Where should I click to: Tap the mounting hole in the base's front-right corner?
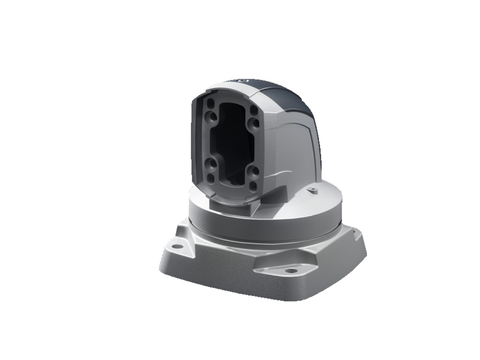point(291,270)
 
